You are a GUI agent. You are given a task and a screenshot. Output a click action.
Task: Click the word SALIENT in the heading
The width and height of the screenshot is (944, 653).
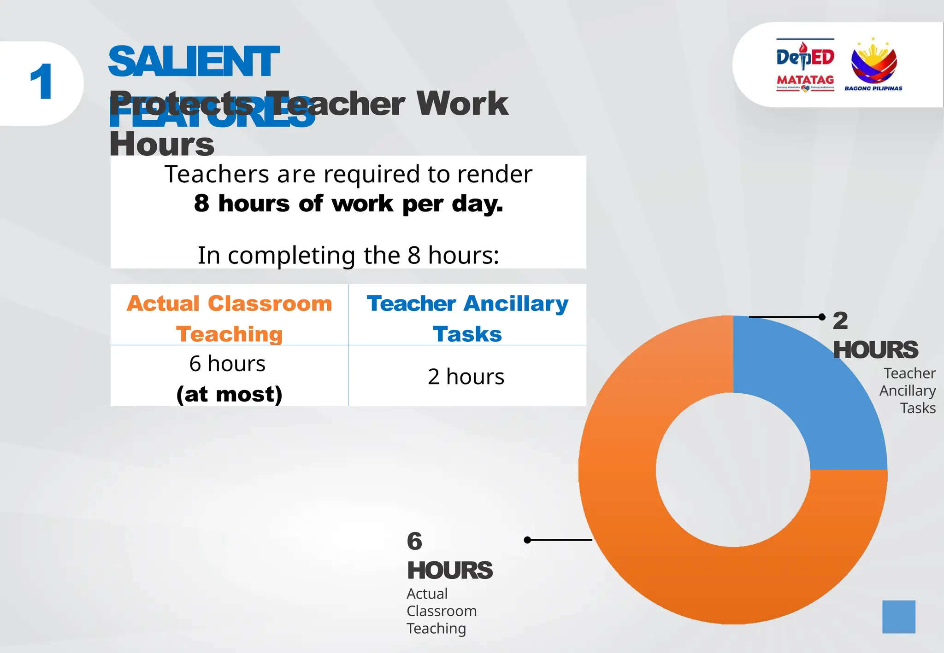click(x=194, y=62)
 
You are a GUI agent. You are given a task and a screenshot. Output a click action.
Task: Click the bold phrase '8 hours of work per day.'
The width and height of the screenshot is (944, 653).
click(x=348, y=204)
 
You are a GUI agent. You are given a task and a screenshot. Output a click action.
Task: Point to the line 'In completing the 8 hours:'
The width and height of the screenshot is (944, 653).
click(x=348, y=255)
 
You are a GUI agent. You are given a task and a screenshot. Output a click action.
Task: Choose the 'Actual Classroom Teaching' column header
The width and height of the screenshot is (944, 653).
click(x=230, y=318)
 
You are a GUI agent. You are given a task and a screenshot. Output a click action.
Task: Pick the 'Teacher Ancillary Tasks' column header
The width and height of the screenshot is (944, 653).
click(x=467, y=318)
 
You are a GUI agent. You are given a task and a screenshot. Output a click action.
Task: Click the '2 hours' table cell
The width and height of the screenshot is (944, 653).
click(x=466, y=377)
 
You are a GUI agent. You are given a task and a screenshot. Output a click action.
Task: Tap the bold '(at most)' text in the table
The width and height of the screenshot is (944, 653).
click(x=230, y=394)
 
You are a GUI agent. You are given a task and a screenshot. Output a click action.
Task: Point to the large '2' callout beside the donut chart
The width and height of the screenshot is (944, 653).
click(x=840, y=321)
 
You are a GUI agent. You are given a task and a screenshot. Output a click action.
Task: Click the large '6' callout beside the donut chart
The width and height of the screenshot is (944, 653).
click(x=414, y=541)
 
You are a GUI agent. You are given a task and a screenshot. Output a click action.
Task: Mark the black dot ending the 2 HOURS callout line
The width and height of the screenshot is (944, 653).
click(x=822, y=317)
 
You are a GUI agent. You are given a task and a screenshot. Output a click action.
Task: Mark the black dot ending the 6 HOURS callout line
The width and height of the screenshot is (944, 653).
click(x=528, y=540)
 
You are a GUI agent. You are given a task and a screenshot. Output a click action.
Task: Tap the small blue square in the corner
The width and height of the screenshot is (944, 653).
click(x=899, y=617)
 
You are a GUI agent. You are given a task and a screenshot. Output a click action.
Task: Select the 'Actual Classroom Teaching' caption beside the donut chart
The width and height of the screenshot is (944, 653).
click(x=441, y=611)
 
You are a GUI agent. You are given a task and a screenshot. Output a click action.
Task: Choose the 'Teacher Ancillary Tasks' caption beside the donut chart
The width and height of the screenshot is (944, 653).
click(x=908, y=391)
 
